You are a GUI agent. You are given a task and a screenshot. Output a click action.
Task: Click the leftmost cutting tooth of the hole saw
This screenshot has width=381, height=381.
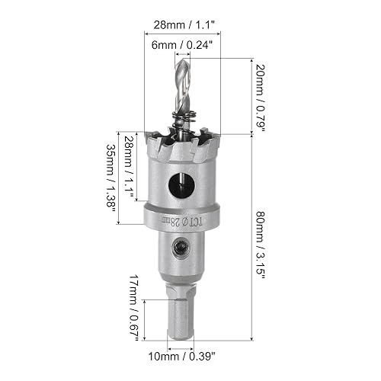[x=157, y=141]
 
